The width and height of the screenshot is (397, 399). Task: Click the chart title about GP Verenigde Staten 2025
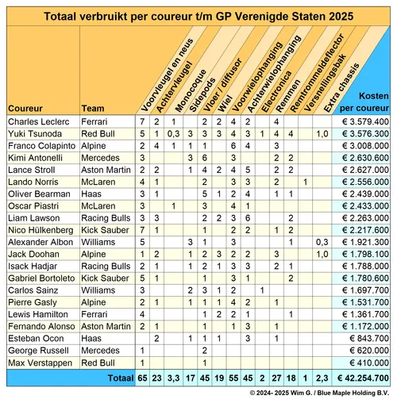pyautogui.click(x=198, y=14)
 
